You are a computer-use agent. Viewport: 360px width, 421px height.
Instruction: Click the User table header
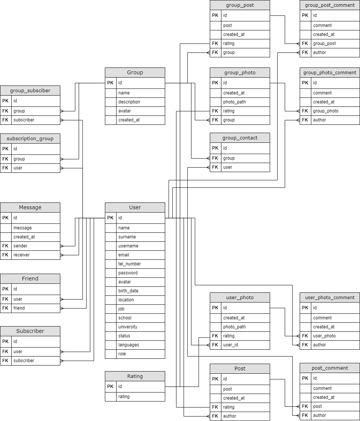135,207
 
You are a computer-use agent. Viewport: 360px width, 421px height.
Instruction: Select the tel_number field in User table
130,264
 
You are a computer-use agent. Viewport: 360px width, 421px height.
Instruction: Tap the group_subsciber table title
30,90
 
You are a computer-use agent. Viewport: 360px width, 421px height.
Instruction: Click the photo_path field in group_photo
235,102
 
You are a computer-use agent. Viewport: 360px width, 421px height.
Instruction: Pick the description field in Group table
129,102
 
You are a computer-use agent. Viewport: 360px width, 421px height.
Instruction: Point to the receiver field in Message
21,255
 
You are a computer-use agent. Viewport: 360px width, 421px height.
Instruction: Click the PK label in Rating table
110,387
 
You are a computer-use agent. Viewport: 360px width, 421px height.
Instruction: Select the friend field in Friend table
19,308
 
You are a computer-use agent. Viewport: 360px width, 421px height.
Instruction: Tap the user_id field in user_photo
231,345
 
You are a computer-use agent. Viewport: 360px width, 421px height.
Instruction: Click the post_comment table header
330,368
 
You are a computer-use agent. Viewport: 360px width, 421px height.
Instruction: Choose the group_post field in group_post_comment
324,43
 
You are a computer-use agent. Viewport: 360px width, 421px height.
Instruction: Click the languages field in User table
128,345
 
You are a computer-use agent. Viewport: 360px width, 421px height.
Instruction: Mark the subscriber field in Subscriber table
24,361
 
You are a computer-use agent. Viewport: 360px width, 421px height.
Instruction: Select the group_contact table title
240,138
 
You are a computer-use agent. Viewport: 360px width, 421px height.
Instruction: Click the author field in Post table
230,416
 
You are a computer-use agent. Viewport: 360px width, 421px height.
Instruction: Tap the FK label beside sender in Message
5,246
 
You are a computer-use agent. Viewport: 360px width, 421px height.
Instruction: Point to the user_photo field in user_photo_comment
324,336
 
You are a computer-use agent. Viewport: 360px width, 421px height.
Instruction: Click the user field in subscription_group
18,168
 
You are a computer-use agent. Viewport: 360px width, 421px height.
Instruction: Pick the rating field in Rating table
124,397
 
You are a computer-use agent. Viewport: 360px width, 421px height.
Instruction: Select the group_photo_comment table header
330,72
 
